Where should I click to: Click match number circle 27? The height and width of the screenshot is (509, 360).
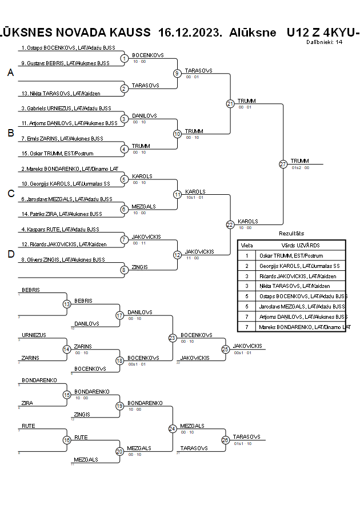click(x=283, y=164)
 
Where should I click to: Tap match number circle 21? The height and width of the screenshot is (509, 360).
click(x=230, y=103)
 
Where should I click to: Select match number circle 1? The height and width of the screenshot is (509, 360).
click(x=125, y=58)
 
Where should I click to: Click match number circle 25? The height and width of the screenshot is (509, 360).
click(x=226, y=348)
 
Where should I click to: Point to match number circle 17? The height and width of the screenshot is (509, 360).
click(x=120, y=315)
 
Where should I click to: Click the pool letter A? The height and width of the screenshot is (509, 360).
click(x=10, y=73)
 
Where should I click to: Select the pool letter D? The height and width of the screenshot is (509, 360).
click(x=10, y=254)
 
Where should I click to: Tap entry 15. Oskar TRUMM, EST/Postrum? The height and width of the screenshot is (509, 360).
click(x=57, y=153)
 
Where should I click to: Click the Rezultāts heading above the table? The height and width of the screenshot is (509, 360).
click(x=291, y=234)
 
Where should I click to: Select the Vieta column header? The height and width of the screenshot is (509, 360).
click(x=247, y=245)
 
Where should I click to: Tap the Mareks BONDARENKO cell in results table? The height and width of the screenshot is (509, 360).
click(x=303, y=327)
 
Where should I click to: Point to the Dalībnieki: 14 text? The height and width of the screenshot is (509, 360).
click(x=324, y=42)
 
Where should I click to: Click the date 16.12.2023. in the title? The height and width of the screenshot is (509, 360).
click(x=190, y=32)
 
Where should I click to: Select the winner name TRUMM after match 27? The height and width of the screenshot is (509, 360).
click(x=299, y=161)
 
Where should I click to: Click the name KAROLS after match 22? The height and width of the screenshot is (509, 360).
click(x=248, y=221)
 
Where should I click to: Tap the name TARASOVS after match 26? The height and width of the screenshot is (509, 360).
click(x=246, y=436)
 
